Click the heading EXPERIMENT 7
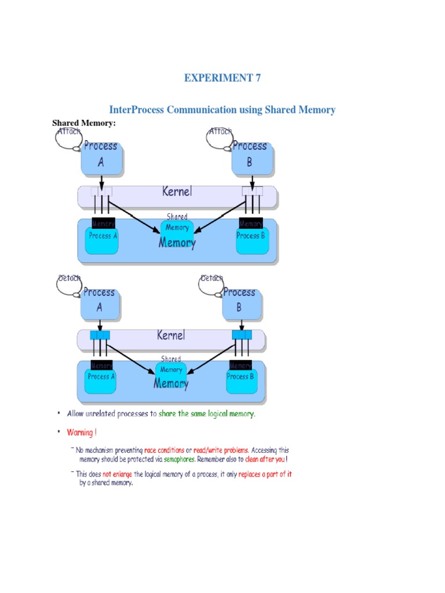tap(222, 78)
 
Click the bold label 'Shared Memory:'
tap(84, 123)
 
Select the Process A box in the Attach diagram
tap(101, 155)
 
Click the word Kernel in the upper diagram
tap(177, 192)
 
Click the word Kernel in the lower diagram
tap(171, 335)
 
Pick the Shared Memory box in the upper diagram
tap(177, 228)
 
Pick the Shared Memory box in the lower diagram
tap(171, 370)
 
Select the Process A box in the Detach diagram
tap(100, 301)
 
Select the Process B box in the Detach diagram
tap(239, 301)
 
